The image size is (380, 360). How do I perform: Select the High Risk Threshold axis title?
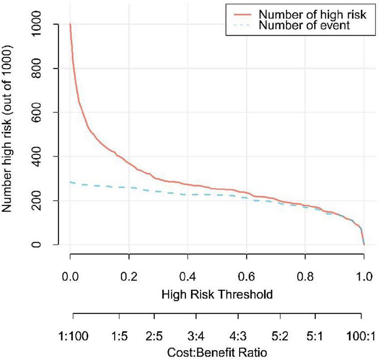(217, 294)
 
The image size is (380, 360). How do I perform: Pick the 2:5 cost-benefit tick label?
(154, 334)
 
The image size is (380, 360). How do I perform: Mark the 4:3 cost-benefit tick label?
(238, 334)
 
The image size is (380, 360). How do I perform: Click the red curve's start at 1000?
(70, 24)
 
